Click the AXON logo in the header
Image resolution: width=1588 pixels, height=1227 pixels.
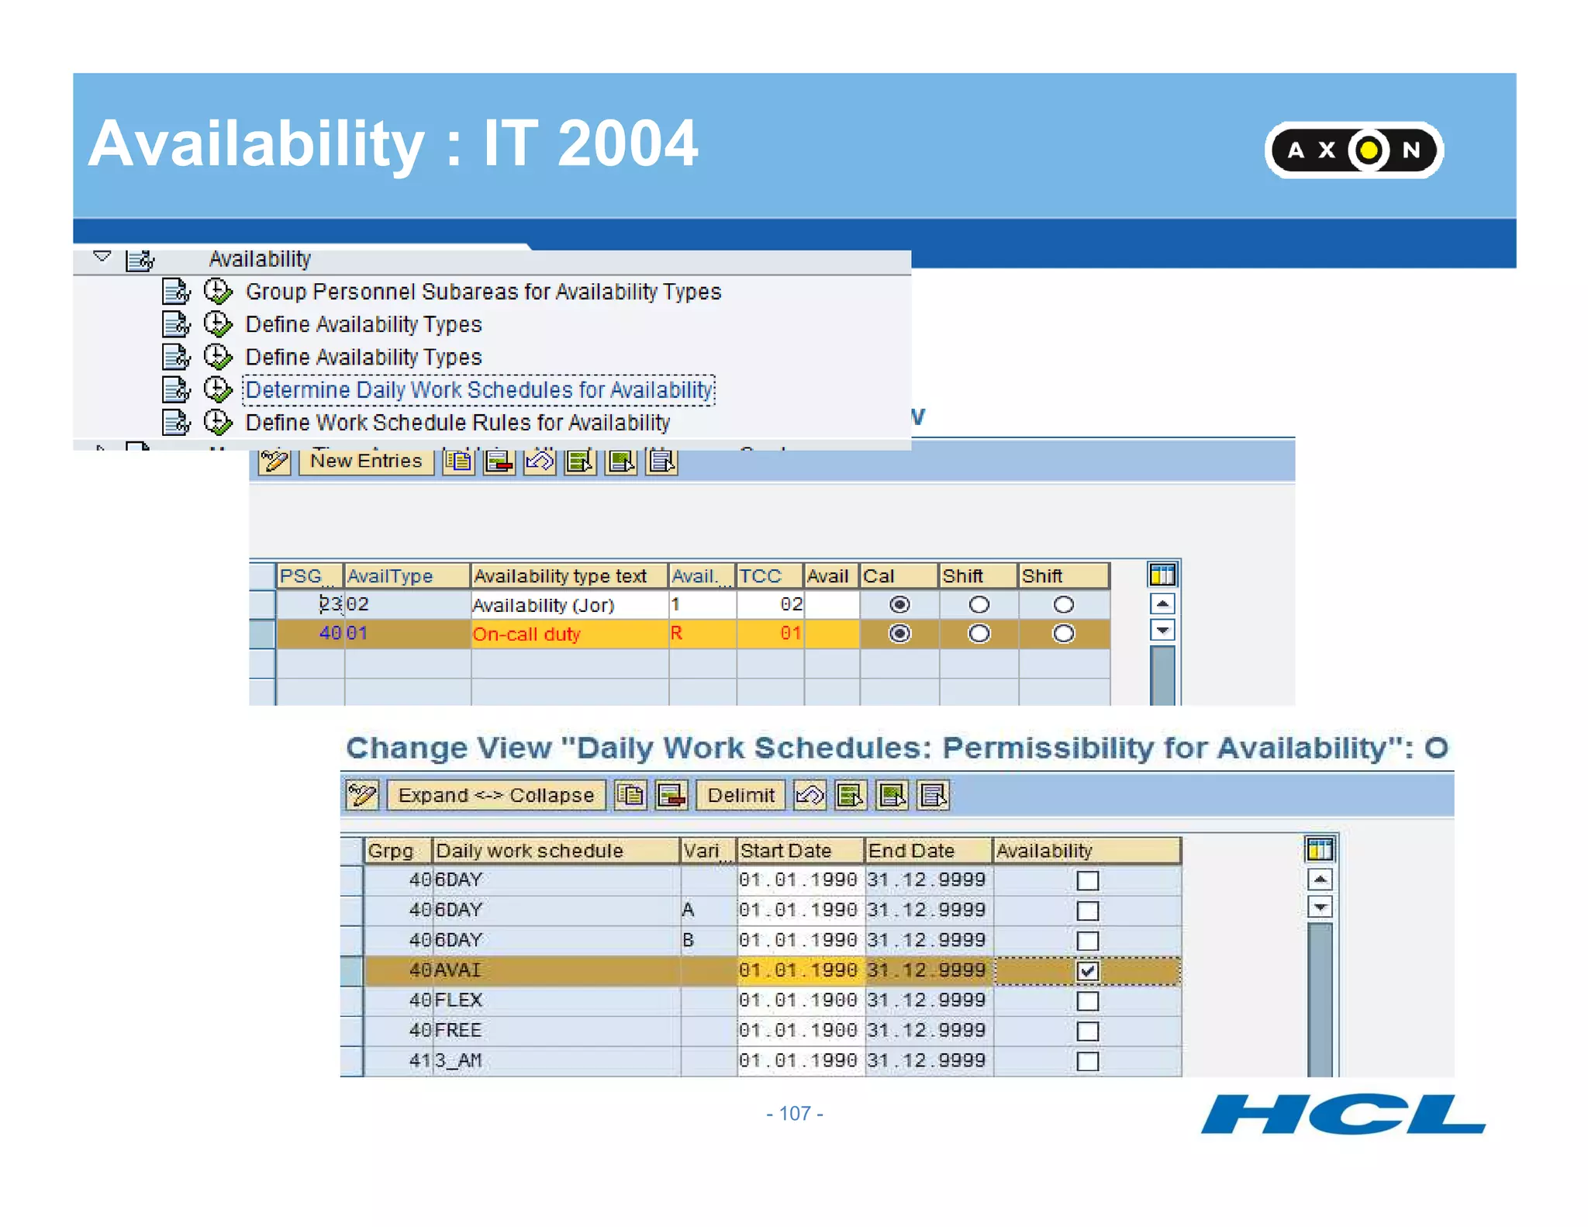(x=1353, y=150)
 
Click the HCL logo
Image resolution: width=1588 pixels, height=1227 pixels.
(x=1342, y=1115)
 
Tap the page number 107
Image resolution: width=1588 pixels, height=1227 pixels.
(x=794, y=1113)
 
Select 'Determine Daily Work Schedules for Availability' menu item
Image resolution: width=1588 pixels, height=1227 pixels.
(x=478, y=389)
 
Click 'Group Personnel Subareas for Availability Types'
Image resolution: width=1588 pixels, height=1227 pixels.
(x=482, y=292)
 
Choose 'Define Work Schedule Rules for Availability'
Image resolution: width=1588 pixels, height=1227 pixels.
(x=457, y=423)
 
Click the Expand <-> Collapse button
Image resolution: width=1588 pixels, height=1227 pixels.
(x=495, y=795)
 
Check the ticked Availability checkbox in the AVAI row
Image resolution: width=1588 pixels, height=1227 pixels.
(x=1087, y=970)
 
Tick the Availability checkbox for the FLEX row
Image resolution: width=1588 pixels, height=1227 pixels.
(x=1087, y=1001)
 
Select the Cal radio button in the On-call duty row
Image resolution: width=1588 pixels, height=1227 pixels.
(x=899, y=634)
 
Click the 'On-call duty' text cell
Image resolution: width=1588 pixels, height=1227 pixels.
(x=568, y=634)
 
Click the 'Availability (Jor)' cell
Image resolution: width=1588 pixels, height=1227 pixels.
(x=568, y=604)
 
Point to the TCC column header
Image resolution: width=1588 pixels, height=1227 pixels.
(x=769, y=575)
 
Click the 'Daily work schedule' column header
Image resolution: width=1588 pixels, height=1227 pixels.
(x=554, y=850)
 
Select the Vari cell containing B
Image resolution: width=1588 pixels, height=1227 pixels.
(x=707, y=940)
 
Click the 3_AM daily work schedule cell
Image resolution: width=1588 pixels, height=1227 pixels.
(x=554, y=1060)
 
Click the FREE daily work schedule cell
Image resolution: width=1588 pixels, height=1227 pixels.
(x=554, y=1030)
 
